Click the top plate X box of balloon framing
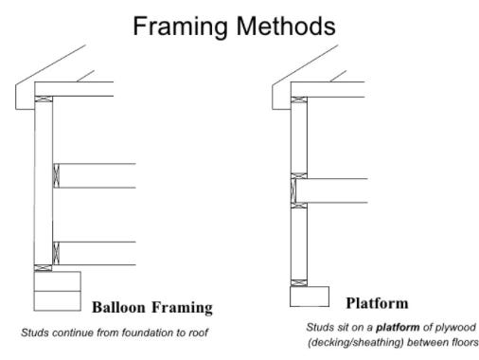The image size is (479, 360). click(x=41, y=100)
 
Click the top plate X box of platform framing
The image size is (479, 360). click(x=299, y=99)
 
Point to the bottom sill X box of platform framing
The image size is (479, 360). click(x=299, y=282)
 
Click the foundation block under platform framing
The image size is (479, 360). click(x=309, y=297)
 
